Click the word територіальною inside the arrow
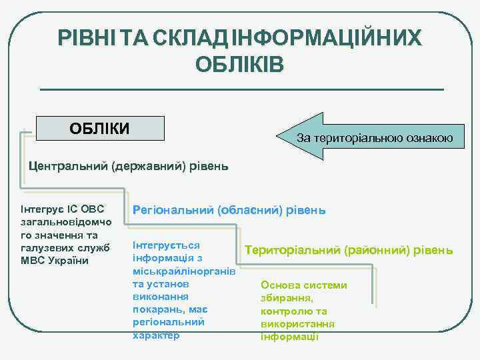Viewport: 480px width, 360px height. [357, 139]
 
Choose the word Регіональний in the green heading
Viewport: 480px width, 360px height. [173, 210]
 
